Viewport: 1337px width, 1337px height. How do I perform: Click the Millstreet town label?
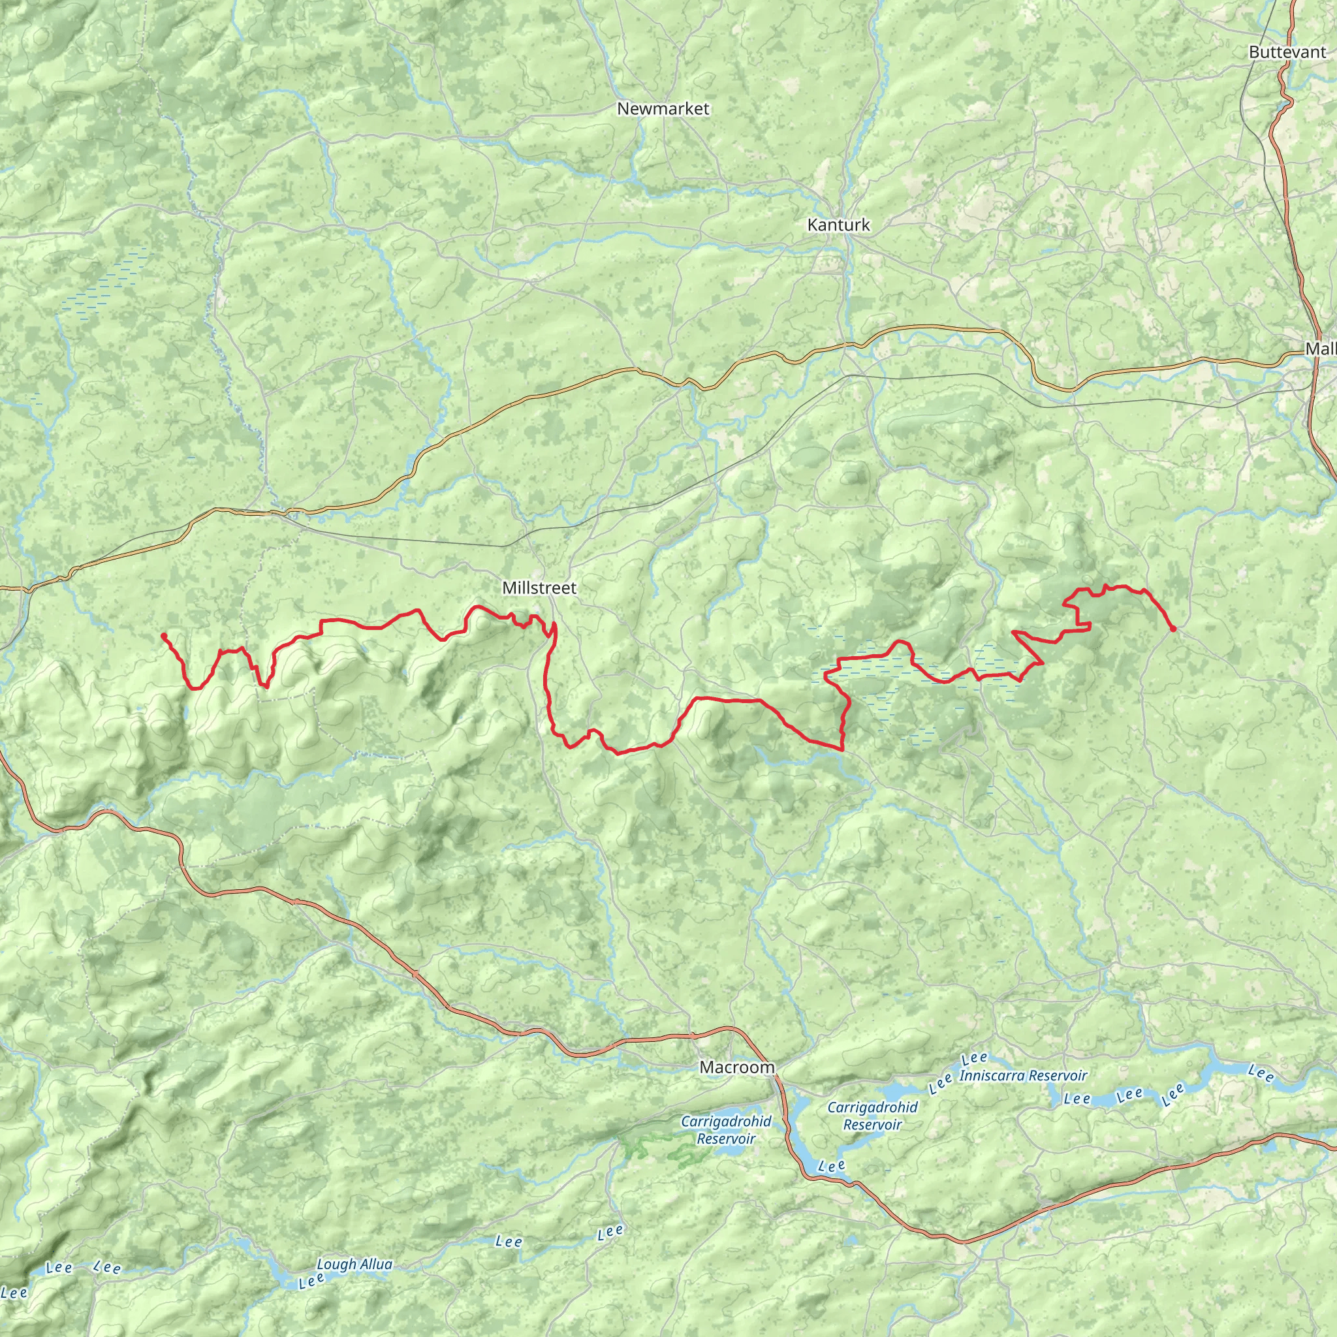pos(539,588)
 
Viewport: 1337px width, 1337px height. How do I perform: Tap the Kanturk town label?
pos(839,225)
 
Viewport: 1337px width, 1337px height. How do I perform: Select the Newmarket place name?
pos(663,108)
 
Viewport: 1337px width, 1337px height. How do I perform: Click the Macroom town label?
pos(737,1067)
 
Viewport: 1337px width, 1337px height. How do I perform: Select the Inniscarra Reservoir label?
pos(1023,1076)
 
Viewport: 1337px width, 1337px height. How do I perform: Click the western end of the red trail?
pos(163,635)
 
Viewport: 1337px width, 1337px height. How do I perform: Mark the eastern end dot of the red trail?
pos(1173,629)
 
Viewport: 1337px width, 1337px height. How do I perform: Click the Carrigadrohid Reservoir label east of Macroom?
pos(873,1116)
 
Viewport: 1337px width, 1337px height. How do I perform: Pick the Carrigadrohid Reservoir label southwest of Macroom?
pos(726,1130)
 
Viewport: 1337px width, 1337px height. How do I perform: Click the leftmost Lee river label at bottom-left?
pos(14,1293)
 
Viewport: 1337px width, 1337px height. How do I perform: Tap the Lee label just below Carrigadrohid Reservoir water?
pos(832,1166)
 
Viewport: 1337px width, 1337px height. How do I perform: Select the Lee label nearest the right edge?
pos(1261,1074)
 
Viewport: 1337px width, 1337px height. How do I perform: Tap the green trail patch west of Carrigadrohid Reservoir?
pos(633,1145)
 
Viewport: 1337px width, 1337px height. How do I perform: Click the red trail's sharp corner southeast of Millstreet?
pos(842,749)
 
